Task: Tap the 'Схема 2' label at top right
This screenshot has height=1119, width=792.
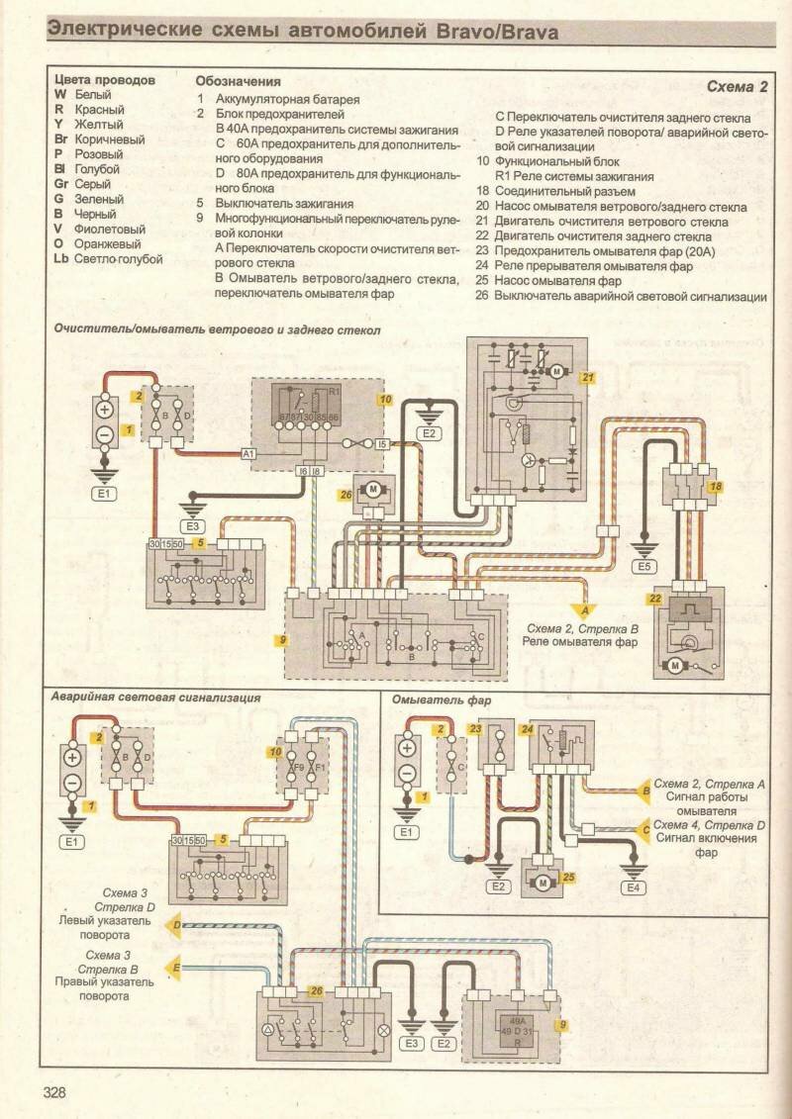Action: [x=738, y=87]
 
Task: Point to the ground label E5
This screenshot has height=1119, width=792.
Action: [x=644, y=567]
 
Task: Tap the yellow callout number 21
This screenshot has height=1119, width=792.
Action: [x=589, y=377]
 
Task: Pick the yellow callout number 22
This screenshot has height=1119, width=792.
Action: [x=656, y=600]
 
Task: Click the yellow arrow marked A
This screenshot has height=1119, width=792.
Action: [x=585, y=610]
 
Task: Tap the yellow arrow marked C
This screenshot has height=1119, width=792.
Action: [x=645, y=827]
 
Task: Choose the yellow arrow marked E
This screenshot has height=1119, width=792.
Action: [x=177, y=967]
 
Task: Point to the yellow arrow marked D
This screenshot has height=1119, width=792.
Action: [x=177, y=927]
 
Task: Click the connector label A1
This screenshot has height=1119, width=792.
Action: [x=248, y=453]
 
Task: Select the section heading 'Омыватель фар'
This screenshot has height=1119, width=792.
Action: [x=431, y=699]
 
